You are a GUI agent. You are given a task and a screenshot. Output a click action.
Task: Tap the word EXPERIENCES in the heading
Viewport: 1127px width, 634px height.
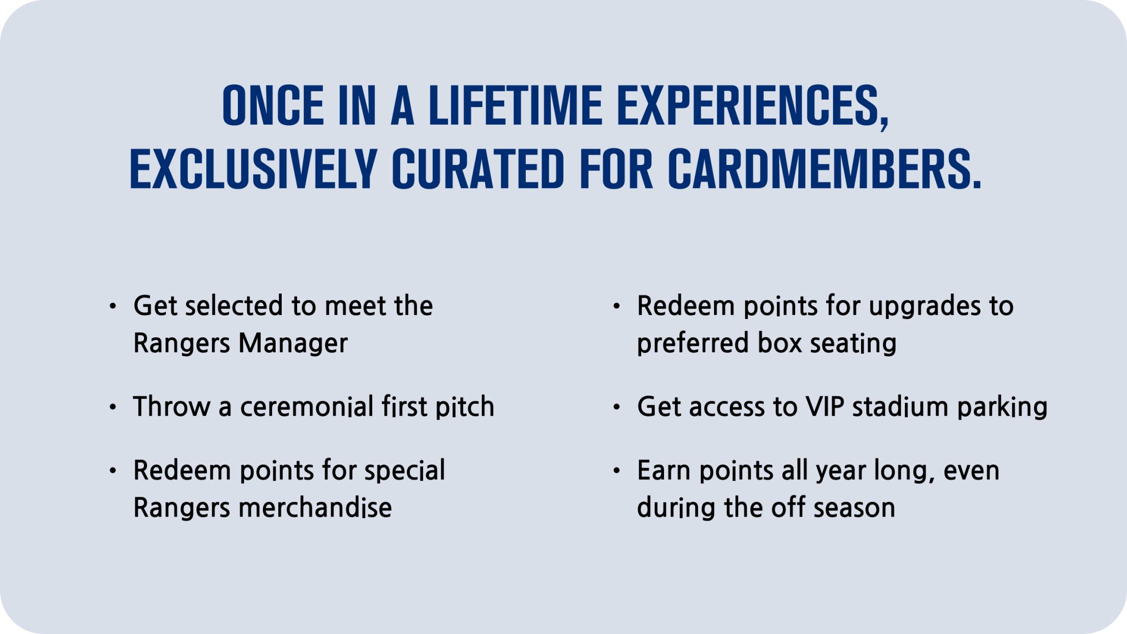(753, 106)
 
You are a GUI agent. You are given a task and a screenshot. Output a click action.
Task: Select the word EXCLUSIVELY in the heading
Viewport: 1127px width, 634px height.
(253, 169)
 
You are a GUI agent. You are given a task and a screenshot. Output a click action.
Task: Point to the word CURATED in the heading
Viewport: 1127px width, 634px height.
(478, 169)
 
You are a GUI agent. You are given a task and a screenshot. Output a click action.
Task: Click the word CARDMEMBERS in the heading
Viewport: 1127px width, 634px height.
(824, 169)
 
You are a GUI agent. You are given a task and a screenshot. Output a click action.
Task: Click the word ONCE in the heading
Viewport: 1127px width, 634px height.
(274, 106)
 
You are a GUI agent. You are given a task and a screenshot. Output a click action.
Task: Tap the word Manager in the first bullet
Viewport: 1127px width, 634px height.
(293, 343)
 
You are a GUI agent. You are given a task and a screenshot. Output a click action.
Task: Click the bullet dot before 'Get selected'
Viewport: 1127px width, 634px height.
(113, 306)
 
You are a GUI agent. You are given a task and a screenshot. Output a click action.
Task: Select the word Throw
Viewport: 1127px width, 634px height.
(172, 407)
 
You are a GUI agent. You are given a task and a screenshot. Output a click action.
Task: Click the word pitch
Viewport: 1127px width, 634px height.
(464, 407)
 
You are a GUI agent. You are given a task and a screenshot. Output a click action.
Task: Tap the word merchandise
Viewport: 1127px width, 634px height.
(315, 508)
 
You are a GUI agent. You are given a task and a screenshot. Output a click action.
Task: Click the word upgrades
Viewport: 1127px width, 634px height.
(924, 306)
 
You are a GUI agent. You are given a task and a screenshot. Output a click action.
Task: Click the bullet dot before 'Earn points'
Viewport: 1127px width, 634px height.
(617, 470)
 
